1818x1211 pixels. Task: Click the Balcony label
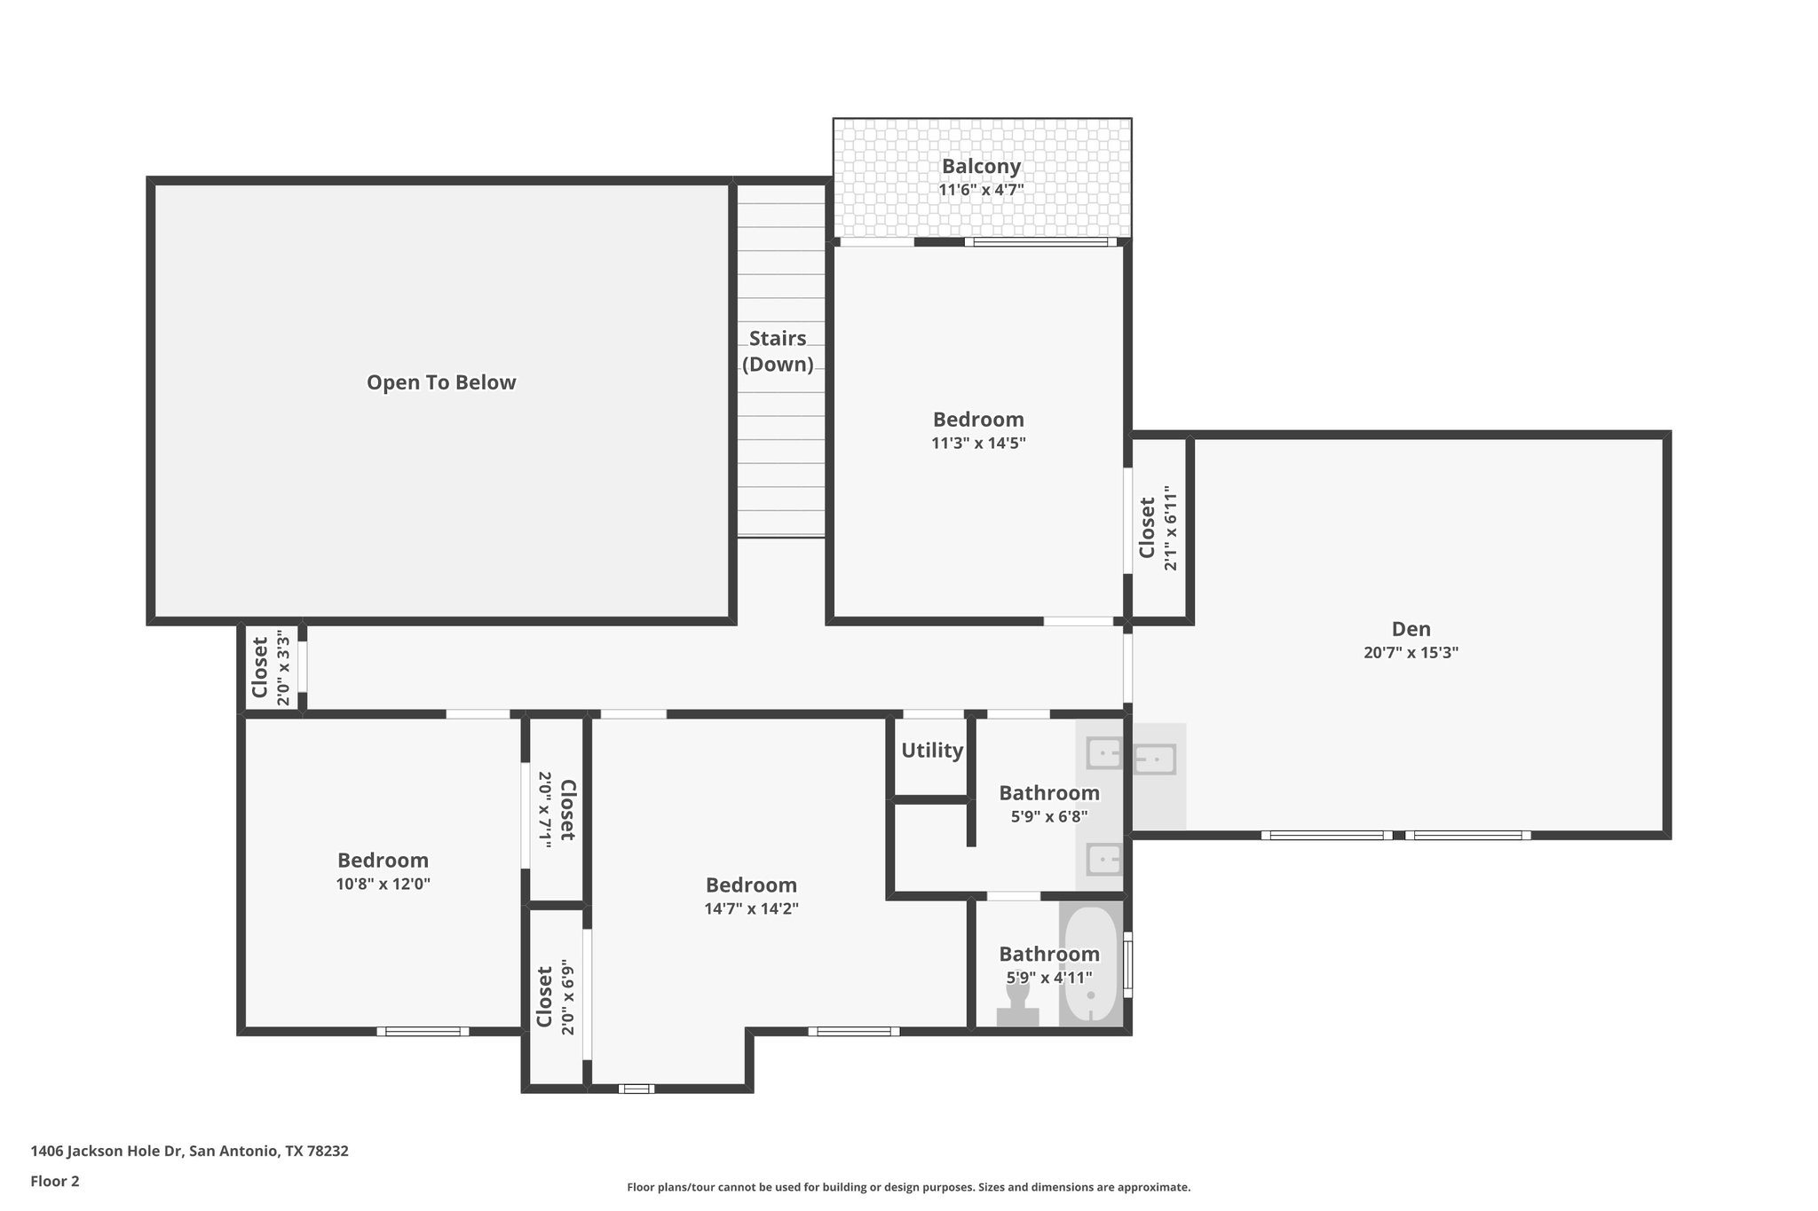point(981,166)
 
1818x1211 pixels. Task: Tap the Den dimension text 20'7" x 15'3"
point(1411,653)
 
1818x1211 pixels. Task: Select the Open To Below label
point(441,382)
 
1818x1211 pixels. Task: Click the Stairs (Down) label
point(778,351)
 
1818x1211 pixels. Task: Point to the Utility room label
point(932,751)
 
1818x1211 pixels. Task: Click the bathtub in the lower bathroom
point(1090,965)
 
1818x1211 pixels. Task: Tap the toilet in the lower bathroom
point(1017,1009)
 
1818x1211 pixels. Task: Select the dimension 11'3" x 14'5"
point(978,444)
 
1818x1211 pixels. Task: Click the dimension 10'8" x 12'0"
point(383,885)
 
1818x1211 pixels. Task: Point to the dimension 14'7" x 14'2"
point(751,908)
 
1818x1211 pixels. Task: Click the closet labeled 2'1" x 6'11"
point(1158,528)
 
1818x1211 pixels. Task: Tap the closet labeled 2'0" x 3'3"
point(270,667)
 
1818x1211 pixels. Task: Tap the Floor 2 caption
point(55,1181)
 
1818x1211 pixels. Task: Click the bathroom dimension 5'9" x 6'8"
point(1048,817)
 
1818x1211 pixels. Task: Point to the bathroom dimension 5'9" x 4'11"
point(1048,978)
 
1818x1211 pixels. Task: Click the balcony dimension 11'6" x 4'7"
point(981,190)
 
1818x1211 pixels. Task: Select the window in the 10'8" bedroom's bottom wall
point(423,1031)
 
